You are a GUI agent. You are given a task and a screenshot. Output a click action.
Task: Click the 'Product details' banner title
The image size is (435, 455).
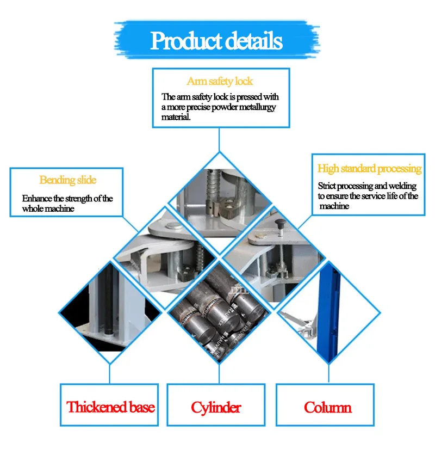tap(216, 41)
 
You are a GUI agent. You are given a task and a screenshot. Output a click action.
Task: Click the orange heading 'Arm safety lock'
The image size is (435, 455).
tap(220, 81)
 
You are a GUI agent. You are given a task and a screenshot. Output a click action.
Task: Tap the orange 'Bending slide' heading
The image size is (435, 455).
tap(67, 180)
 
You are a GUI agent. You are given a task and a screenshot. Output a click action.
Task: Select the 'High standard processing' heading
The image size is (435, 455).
tap(369, 169)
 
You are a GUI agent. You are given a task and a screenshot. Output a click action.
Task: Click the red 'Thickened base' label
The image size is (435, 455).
tap(110, 407)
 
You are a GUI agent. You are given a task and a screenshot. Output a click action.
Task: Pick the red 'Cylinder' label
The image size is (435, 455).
tap(216, 407)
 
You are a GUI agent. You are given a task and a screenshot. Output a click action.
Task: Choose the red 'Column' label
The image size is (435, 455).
tap(328, 407)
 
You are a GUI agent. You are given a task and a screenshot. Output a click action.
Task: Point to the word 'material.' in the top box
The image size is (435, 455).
tap(176, 117)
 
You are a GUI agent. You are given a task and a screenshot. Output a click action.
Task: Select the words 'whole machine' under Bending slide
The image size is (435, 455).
tap(48, 208)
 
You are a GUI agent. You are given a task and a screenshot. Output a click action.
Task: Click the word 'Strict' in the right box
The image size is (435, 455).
tap(327, 186)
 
